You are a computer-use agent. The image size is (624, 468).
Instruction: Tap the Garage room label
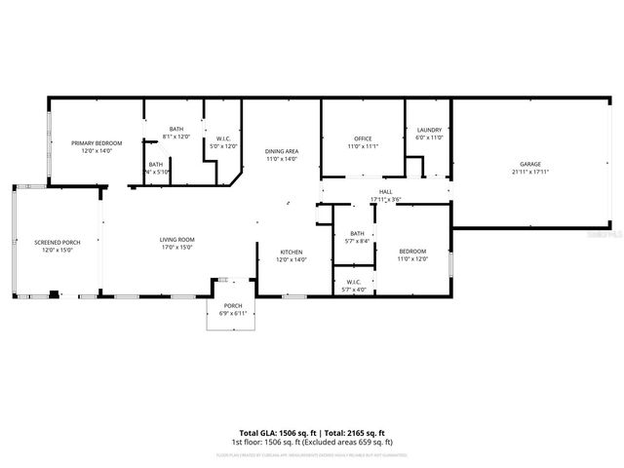pos(529,164)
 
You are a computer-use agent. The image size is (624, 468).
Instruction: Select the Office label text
pos(363,138)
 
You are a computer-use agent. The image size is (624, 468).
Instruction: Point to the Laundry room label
pos(429,130)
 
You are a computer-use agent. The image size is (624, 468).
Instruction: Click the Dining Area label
pos(281,151)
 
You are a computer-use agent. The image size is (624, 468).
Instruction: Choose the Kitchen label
pos(292,252)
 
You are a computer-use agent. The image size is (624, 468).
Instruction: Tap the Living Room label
pos(177,240)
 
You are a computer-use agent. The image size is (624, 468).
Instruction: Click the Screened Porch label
pos(57,242)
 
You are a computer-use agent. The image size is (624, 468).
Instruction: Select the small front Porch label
pos(233,306)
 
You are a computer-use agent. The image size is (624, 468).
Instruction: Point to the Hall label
pos(385,192)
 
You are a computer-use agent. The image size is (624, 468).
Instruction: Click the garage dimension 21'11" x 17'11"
pos(529,172)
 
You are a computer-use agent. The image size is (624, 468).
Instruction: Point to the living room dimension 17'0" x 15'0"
pos(177,248)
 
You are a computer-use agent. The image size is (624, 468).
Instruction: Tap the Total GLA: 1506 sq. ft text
pos(274,432)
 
